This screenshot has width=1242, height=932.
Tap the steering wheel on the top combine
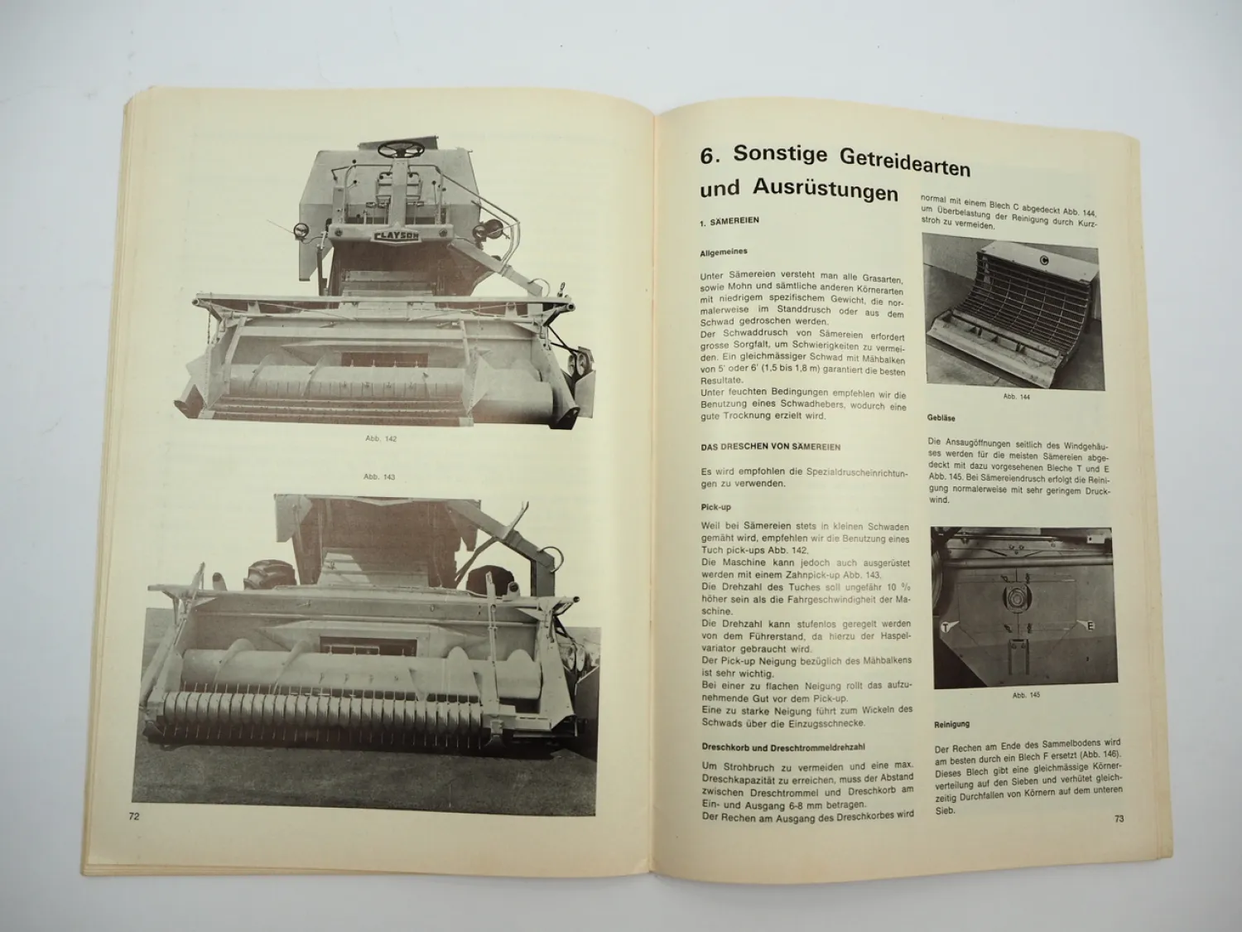pos(402,149)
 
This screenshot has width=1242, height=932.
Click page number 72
pos(134,815)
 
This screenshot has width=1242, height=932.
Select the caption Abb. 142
pos(381,438)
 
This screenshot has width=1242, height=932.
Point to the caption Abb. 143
pos(379,476)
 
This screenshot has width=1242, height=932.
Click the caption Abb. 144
pos(1016,396)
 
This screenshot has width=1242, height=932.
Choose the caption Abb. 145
pos(1026,694)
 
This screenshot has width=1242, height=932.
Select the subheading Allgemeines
pos(724,252)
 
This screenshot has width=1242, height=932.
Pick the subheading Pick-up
pos(715,507)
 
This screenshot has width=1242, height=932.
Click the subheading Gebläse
pos(941,418)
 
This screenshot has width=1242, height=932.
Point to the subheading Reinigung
pos(952,724)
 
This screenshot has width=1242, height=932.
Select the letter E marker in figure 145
pos(1090,625)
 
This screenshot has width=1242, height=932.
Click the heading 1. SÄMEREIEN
pos(729,222)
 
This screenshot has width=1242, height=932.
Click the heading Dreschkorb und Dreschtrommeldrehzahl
pos(782,747)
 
